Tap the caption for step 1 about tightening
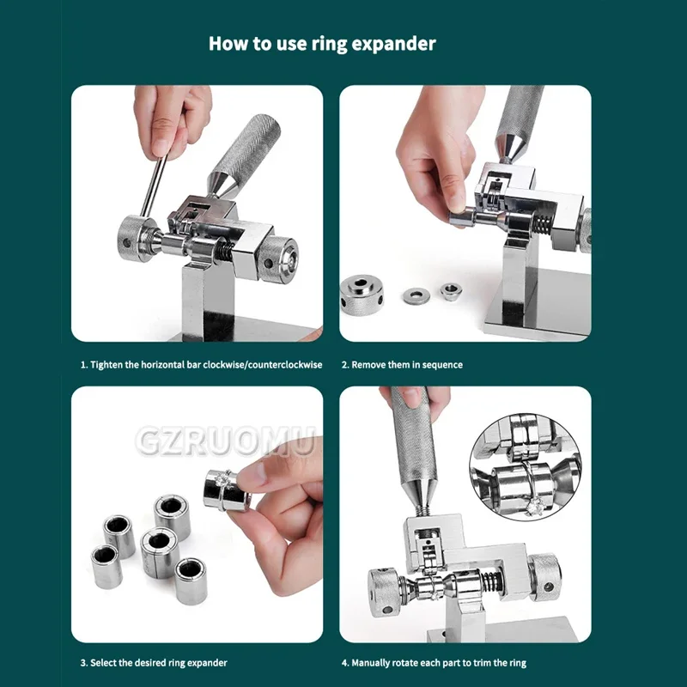pyautogui.click(x=201, y=365)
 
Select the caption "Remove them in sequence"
pyautogui.click(x=402, y=365)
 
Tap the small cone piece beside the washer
pyautogui.click(x=449, y=292)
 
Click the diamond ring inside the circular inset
pyautogui.click(x=532, y=503)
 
